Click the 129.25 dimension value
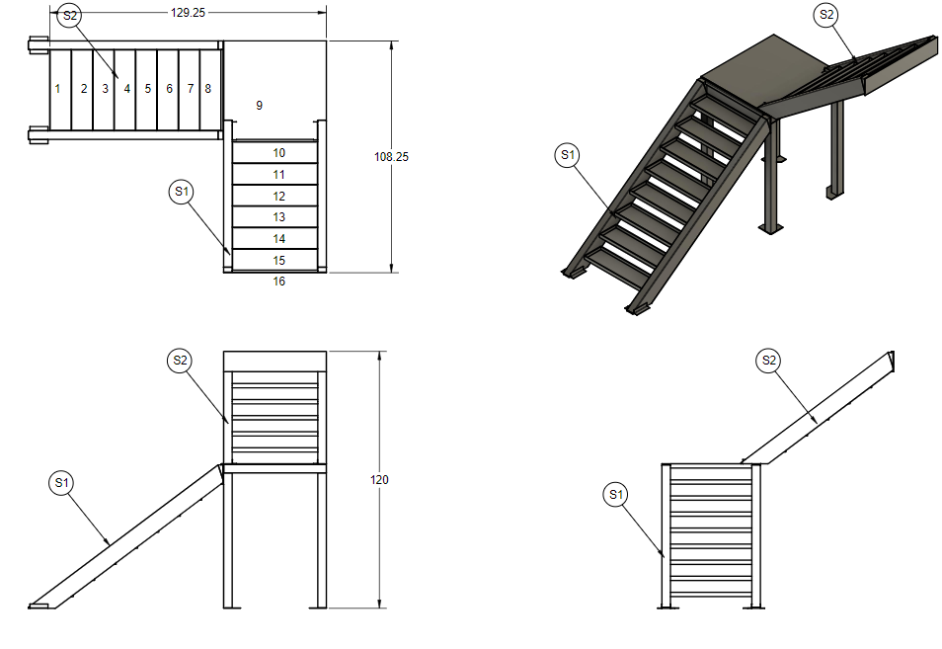189,13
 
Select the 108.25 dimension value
393,157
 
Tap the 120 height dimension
379,480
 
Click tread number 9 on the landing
259,105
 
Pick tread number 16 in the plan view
279,282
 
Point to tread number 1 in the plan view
57,89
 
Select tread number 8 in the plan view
207,89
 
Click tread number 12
279,197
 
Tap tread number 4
127,89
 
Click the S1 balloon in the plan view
181,192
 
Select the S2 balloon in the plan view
69,16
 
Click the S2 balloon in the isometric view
825,15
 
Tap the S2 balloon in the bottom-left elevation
180,361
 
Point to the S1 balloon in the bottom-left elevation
61,482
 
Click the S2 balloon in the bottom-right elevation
768,361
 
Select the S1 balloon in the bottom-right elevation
616,494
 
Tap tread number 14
279,239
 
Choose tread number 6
170,89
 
